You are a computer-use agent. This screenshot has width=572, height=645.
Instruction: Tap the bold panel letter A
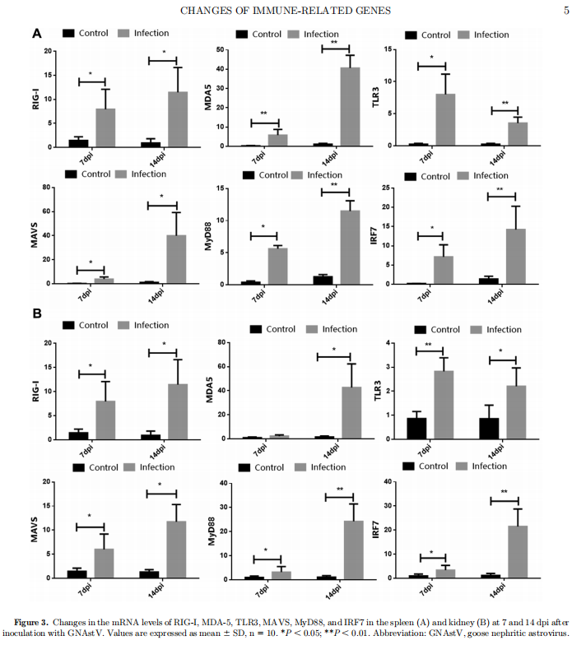[36, 34]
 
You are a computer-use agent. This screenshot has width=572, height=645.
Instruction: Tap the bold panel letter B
[36, 313]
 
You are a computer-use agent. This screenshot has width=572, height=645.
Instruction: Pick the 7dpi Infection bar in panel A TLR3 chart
[445, 119]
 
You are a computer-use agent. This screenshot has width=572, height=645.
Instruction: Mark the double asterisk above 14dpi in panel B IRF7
[505, 492]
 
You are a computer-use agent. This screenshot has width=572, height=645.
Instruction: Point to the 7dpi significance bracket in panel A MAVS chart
[91, 270]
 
